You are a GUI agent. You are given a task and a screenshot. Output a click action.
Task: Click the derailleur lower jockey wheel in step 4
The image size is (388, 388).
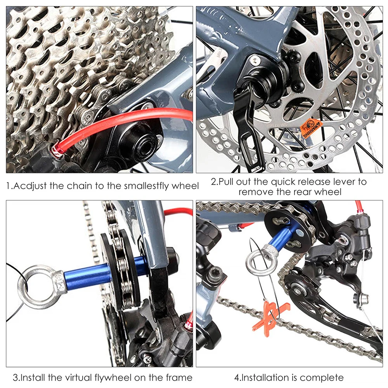(298, 287)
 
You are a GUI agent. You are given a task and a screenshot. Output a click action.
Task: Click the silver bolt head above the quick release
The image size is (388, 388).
(255, 59)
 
